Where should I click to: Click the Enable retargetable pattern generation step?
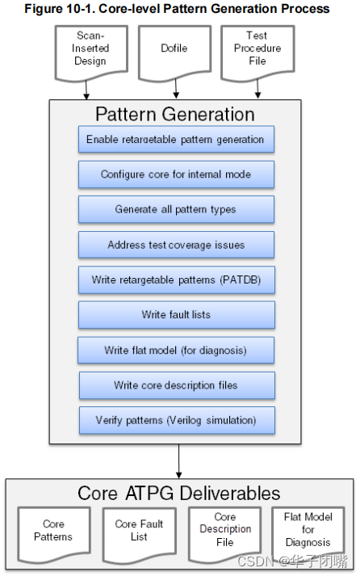pyautogui.click(x=176, y=139)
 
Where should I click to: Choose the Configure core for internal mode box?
pyautogui.click(x=176, y=174)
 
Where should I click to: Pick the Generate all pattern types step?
pyautogui.click(x=176, y=209)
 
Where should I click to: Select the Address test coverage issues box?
pyautogui.click(x=176, y=245)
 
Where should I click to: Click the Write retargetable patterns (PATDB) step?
pyautogui.click(x=176, y=280)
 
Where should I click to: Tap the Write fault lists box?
pyautogui.click(x=176, y=314)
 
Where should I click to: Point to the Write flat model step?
pyautogui.click(x=176, y=350)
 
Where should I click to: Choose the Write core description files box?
pyautogui.click(x=176, y=385)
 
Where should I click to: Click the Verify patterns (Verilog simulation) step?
pyautogui.click(x=176, y=420)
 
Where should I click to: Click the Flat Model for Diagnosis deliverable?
pyautogui.click(x=308, y=530)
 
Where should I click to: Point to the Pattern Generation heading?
pyautogui.click(x=175, y=114)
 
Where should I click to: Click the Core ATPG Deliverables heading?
pyautogui.click(x=179, y=493)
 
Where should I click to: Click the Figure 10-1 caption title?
pyautogui.click(x=177, y=9)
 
